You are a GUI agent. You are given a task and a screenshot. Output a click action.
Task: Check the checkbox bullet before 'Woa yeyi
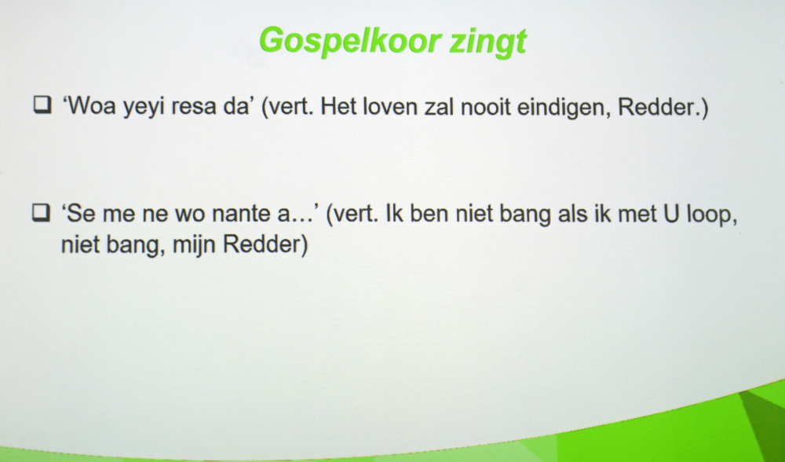pyautogui.click(x=42, y=104)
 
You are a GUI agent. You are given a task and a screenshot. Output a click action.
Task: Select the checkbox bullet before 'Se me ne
pyautogui.click(x=41, y=212)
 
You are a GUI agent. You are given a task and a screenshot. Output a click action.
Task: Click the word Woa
pyautogui.click(x=90, y=106)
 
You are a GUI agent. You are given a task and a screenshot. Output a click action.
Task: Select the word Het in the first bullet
pyautogui.click(x=338, y=107)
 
